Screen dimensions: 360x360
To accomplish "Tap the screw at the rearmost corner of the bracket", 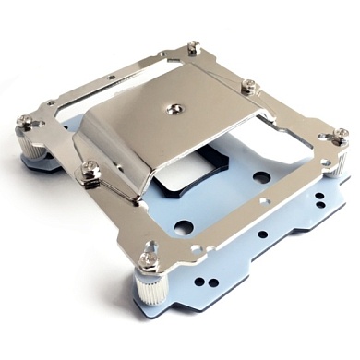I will point(193,47).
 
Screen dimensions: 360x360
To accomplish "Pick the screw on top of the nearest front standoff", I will point(148,249).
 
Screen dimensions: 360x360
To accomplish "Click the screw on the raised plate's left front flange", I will point(90,168).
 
